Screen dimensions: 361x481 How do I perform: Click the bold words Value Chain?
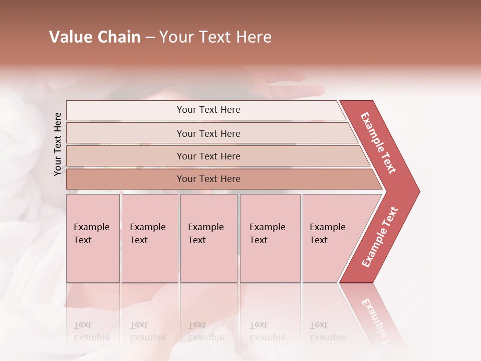click(95, 37)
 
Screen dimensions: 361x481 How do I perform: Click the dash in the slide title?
click(150, 38)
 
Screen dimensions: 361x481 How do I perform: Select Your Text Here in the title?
click(215, 37)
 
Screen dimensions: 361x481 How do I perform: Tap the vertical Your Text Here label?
click(58, 144)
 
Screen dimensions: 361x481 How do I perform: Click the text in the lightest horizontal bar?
click(208, 110)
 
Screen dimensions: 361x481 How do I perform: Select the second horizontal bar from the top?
click(208, 133)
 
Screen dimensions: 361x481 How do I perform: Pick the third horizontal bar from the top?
click(208, 156)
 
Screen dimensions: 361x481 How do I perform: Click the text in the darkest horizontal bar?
click(208, 179)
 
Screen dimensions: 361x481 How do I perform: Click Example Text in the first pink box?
click(91, 233)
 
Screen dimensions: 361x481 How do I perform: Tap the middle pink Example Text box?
click(208, 238)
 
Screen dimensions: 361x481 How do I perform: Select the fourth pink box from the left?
click(270, 238)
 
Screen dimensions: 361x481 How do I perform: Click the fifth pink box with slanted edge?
click(331, 238)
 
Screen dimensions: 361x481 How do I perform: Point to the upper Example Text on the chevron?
click(378, 143)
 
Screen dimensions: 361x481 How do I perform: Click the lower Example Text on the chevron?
click(380, 237)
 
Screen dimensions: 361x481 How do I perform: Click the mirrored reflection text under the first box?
click(91, 331)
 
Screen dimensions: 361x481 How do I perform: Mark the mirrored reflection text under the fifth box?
click(327, 331)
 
